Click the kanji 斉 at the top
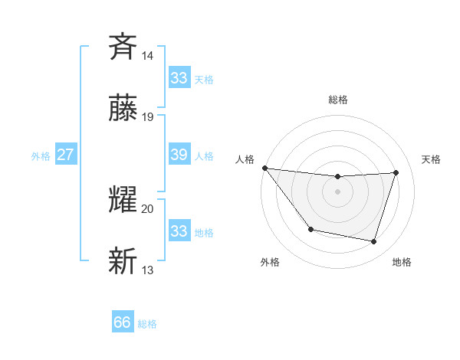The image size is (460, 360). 123,46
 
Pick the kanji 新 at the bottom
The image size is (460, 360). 123,260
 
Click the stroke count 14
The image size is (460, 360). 148,55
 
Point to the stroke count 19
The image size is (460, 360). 148,117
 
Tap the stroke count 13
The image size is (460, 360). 148,270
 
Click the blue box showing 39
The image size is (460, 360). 179,155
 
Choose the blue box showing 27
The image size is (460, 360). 65,155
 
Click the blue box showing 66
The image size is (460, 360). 123,322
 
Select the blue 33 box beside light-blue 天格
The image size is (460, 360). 179,78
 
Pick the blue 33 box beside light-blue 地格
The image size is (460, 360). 179,231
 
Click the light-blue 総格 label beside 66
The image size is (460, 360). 147,324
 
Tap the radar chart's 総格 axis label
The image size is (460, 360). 337,100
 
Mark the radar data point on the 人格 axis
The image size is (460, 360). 264,168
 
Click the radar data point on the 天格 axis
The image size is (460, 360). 396,172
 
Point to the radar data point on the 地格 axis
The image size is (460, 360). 373,241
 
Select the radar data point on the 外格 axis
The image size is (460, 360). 310,229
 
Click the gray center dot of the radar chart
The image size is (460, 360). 337,191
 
